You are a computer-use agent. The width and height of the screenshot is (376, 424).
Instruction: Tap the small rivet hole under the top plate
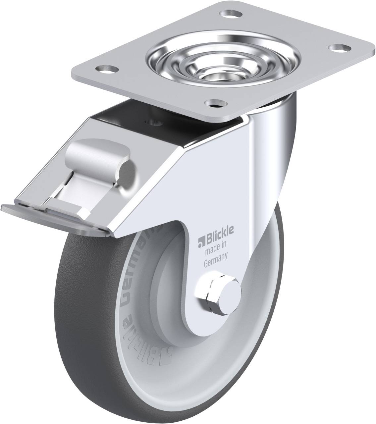tap(154, 123)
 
